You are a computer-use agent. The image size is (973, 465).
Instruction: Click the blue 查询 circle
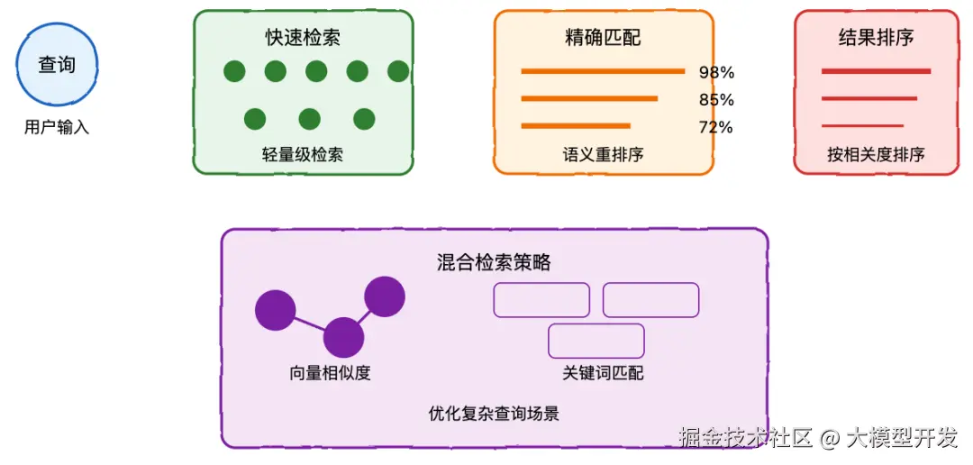(57, 66)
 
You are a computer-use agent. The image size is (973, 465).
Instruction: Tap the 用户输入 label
(57, 128)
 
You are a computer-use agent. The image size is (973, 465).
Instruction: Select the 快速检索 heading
(303, 38)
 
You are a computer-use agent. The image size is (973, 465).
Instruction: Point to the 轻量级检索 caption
(303, 154)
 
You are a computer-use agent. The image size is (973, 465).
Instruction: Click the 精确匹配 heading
(603, 38)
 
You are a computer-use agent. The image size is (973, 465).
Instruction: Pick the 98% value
(716, 72)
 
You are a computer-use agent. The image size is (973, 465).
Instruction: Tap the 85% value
(716, 99)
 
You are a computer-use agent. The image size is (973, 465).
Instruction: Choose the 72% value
(715, 127)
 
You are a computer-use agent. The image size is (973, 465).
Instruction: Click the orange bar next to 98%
(603, 71)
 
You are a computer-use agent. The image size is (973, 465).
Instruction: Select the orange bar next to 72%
(576, 126)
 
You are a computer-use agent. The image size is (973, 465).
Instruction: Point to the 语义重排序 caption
(603, 154)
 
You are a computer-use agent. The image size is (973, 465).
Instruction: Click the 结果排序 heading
(876, 38)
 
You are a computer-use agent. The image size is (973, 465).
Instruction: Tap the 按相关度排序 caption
(876, 154)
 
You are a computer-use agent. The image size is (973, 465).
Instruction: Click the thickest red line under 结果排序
(876, 71)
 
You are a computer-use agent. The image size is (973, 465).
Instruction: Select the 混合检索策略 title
(494, 263)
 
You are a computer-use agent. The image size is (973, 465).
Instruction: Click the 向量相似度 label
(330, 373)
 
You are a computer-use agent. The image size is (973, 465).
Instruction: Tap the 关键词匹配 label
(603, 373)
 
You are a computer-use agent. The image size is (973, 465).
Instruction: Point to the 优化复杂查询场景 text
(494, 415)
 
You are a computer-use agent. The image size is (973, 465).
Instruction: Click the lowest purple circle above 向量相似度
(343, 338)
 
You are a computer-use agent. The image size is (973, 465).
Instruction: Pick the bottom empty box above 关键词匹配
(596, 342)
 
